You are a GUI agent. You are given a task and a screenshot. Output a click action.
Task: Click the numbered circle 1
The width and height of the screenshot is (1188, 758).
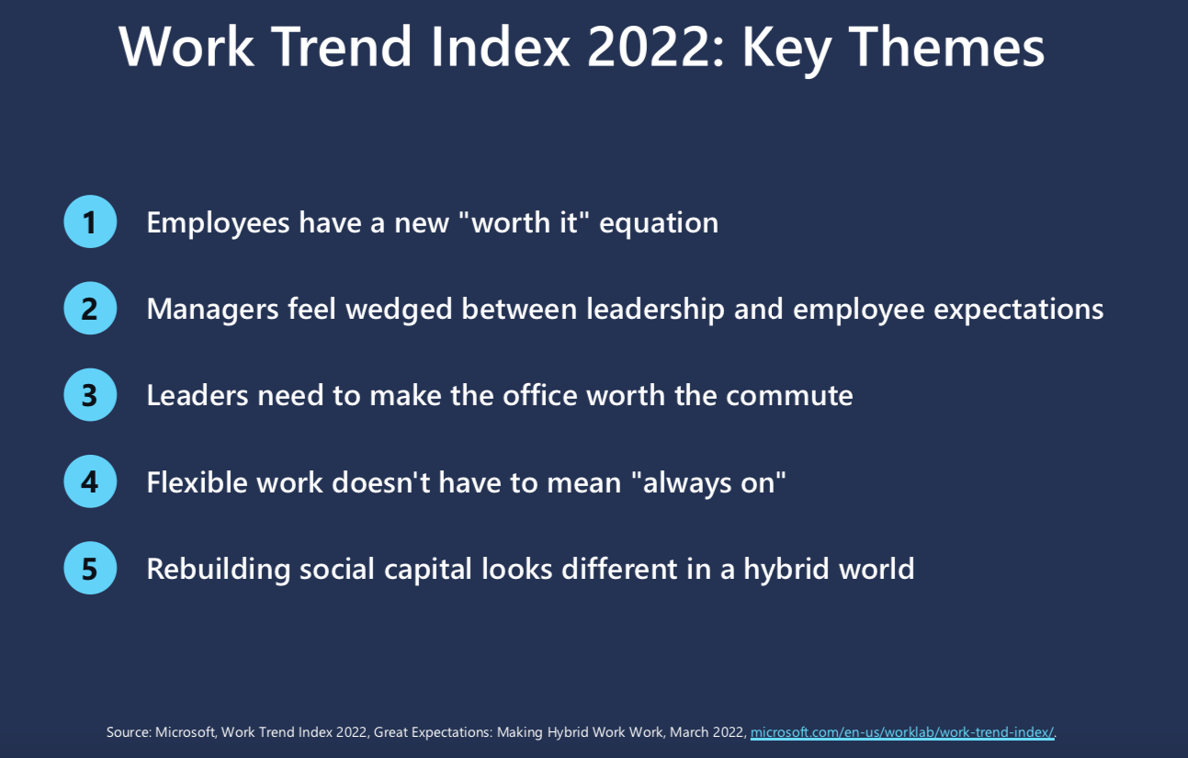click(x=90, y=221)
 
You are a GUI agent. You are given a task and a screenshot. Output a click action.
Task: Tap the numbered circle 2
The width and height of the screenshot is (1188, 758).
click(x=90, y=308)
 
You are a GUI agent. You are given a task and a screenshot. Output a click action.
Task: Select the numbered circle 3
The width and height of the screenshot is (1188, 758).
click(x=90, y=395)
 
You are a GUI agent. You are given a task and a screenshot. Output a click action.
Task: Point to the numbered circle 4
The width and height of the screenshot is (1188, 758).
click(x=90, y=481)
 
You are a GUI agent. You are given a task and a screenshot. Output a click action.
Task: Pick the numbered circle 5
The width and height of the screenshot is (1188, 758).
click(x=90, y=568)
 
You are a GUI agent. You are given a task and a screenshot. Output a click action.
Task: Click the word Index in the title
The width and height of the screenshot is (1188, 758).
click(x=500, y=47)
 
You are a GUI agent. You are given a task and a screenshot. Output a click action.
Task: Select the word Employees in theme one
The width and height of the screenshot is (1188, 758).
click(x=218, y=222)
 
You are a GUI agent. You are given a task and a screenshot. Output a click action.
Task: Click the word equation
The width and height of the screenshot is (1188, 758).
click(x=659, y=223)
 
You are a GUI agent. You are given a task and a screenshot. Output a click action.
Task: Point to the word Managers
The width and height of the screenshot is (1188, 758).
click(x=212, y=310)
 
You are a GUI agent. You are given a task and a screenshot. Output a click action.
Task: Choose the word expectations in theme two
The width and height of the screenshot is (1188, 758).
click(x=1018, y=310)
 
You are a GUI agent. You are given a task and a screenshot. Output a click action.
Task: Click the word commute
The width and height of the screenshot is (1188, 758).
click(x=789, y=396)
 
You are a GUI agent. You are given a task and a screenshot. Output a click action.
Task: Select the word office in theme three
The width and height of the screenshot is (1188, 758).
click(x=540, y=395)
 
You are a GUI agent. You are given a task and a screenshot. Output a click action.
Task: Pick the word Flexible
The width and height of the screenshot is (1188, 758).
click(x=197, y=482)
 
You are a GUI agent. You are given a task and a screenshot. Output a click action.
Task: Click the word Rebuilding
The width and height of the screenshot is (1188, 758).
click(x=218, y=569)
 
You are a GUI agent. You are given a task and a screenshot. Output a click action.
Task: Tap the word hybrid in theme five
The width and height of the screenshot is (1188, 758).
click(x=786, y=569)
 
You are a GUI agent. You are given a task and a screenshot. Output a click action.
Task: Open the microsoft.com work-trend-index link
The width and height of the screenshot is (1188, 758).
click(x=902, y=732)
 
